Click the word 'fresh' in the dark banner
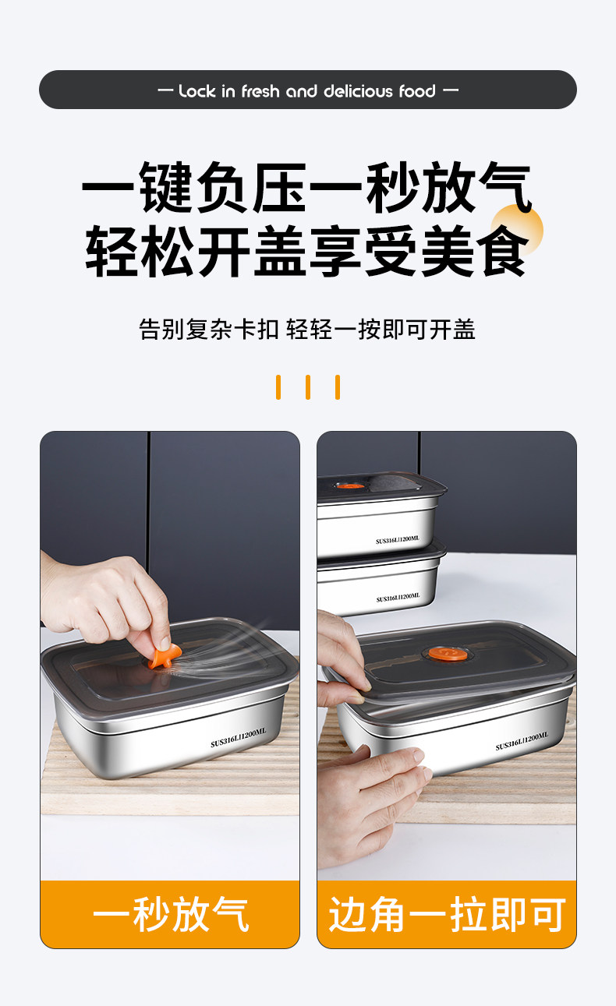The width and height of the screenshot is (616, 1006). click(x=260, y=91)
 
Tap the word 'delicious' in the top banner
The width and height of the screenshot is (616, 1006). click(x=358, y=91)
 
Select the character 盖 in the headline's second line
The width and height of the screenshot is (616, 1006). click(x=280, y=251)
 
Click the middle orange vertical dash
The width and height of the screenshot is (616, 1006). click(x=308, y=387)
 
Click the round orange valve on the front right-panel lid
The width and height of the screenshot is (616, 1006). click(x=441, y=654)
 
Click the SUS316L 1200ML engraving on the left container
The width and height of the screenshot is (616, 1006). click(x=239, y=738)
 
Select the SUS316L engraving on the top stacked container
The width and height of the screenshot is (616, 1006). click(x=398, y=539)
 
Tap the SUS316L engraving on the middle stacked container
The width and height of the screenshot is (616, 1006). click(x=398, y=598)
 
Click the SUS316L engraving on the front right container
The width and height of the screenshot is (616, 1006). click(x=522, y=741)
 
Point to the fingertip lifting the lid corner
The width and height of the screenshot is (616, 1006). click(x=364, y=687)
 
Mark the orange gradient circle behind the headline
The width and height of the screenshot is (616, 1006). click(x=517, y=231)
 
